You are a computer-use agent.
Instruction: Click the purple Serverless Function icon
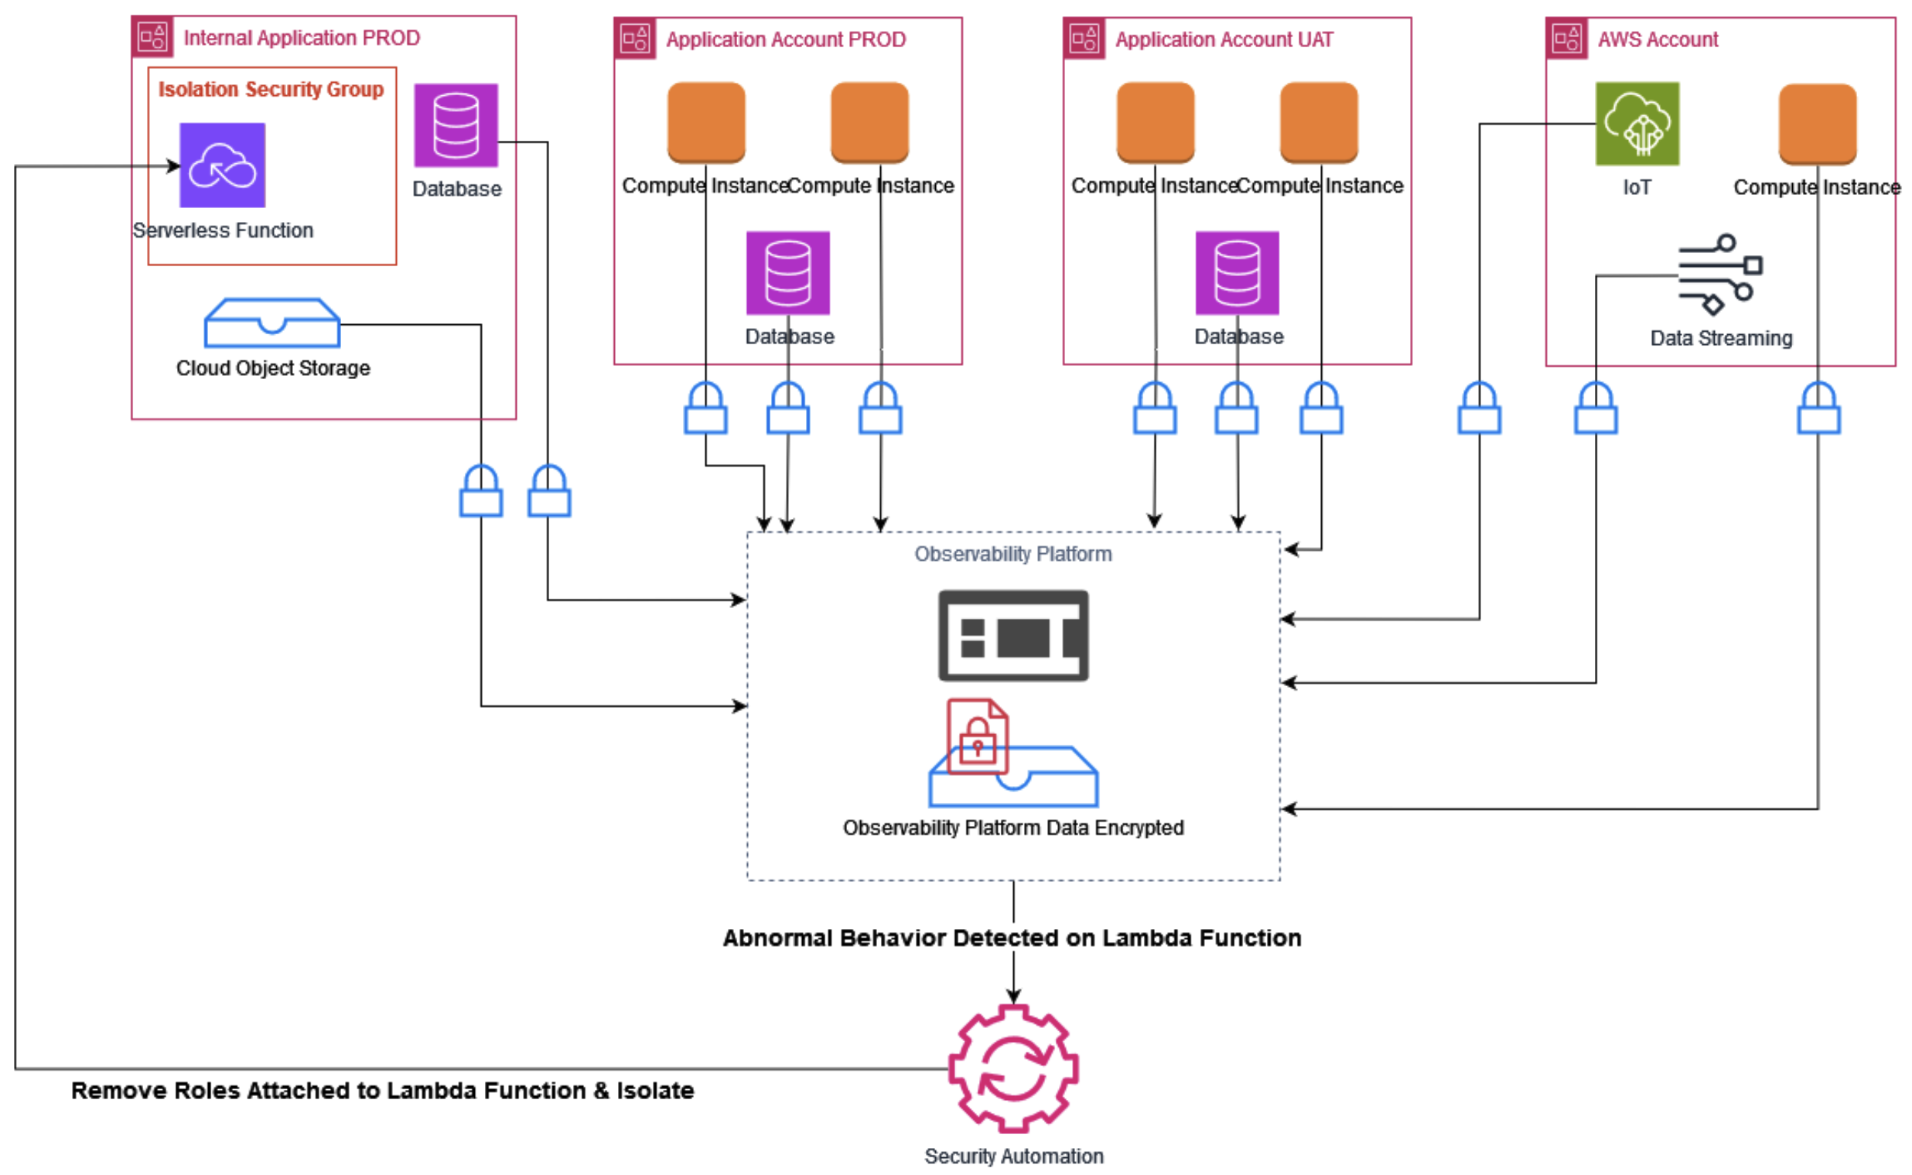222,166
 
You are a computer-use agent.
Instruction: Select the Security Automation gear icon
1012,1067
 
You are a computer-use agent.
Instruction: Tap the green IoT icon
1636,124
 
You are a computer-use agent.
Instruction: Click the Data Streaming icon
1719,275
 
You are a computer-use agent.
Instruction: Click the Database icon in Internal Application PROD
456,125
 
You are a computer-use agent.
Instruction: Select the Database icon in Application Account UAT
1236,273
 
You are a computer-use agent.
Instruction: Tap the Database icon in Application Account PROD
787,273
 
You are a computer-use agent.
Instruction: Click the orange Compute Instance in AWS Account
1816,124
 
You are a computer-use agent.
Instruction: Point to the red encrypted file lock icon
977,736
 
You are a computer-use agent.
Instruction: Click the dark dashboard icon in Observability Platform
1012,635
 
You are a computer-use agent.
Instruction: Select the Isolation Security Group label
271,90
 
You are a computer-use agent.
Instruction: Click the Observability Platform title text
1012,553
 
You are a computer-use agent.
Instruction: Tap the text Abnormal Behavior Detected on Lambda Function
1012,938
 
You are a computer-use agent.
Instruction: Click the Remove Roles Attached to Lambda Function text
382,1089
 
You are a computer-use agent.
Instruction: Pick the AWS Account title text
1657,39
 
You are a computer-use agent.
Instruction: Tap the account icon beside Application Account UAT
1083,38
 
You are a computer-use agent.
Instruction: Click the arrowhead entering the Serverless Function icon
174,166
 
